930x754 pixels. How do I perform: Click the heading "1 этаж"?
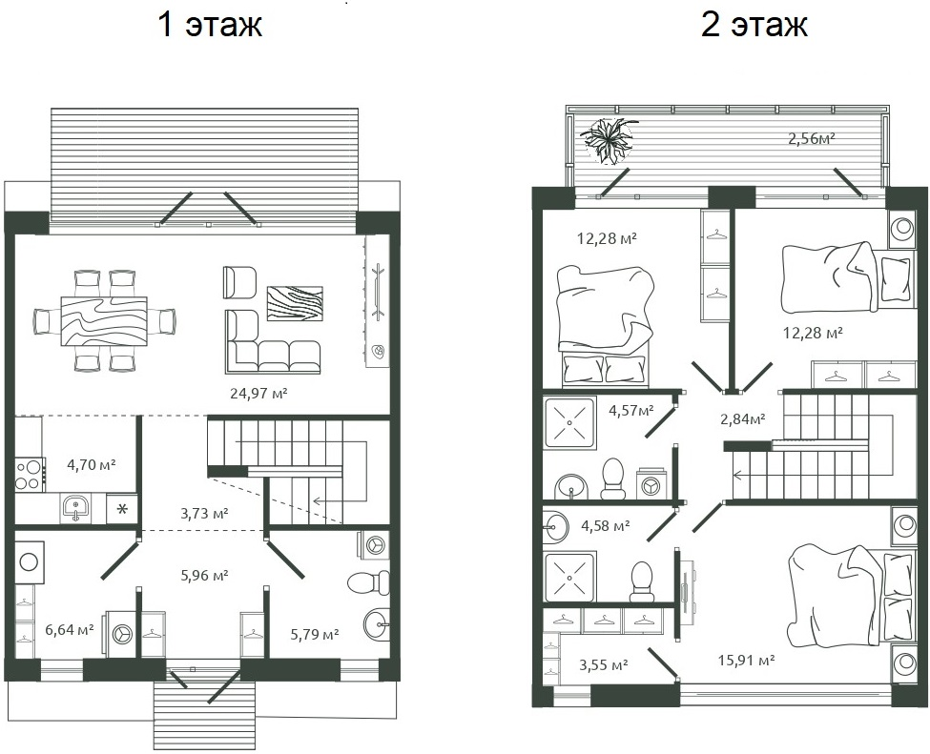click(x=209, y=25)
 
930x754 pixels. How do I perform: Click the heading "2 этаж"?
click(x=754, y=25)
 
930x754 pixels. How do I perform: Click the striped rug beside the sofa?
click(x=295, y=303)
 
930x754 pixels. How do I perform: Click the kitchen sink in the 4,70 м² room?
click(x=76, y=507)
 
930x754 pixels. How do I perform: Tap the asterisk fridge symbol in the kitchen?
click(x=122, y=507)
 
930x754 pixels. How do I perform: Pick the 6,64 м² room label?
click(x=69, y=629)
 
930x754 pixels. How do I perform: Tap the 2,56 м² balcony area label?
click(x=811, y=139)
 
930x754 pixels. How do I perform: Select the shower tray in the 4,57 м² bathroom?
click(x=569, y=420)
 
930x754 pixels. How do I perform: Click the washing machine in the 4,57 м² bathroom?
click(x=652, y=484)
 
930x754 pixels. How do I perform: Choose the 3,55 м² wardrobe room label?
click(x=603, y=664)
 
